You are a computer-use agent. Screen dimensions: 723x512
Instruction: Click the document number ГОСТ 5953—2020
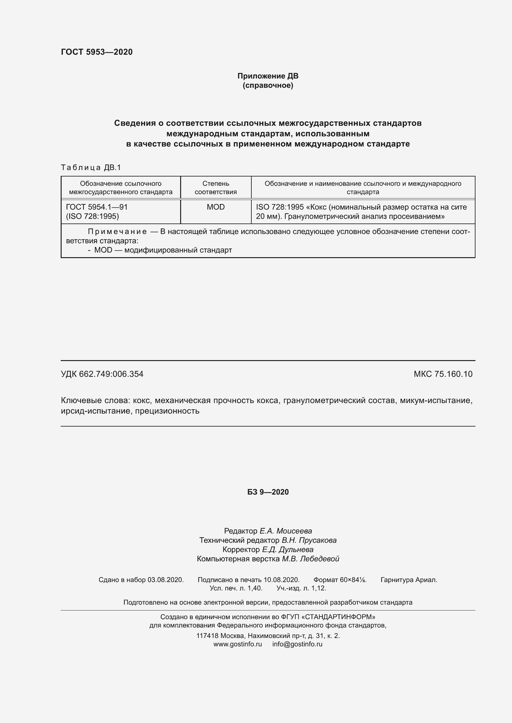[x=97, y=52]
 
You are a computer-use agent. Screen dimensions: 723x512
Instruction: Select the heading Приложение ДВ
[x=268, y=76]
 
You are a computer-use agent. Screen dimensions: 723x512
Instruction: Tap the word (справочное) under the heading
[x=268, y=85]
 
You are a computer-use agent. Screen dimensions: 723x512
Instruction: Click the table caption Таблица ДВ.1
[x=91, y=168]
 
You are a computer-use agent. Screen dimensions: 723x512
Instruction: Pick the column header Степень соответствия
[x=216, y=188]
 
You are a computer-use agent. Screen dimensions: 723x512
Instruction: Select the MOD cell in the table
[x=216, y=207]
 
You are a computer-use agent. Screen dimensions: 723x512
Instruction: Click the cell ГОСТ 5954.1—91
[x=97, y=207]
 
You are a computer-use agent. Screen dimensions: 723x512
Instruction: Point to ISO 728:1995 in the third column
[x=280, y=207]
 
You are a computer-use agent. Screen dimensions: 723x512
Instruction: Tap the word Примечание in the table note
[x=117, y=232]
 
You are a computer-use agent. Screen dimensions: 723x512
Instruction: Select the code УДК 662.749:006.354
[x=102, y=374]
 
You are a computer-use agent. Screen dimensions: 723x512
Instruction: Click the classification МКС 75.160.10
[x=443, y=374]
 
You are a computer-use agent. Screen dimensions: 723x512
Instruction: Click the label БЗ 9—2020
[x=268, y=492]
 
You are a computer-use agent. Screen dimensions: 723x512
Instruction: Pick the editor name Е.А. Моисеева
[x=286, y=531]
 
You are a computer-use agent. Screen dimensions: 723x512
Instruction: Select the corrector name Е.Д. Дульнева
[x=288, y=550]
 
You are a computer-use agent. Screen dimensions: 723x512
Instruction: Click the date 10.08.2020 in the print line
[x=281, y=580]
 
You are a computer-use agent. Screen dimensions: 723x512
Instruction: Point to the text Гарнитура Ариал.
[x=409, y=580]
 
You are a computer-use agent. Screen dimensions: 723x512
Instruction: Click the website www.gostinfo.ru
[x=237, y=644]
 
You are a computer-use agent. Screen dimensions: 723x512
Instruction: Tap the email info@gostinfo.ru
[x=297, y=644]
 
